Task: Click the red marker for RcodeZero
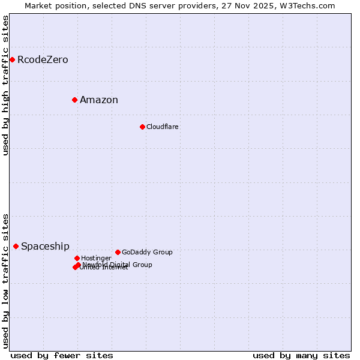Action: [12, 59]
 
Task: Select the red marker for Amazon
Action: [74, 100]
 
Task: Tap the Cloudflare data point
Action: [142, 127]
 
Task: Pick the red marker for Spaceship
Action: [16, 246]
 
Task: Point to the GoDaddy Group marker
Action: [118, 252]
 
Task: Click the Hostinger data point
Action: [77, 258]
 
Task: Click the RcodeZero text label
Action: [43, 59]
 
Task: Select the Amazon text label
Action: [99, 100]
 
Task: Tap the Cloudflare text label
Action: [163, 127]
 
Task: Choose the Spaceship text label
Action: [45, 246]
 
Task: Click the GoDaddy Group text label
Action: [147, 252]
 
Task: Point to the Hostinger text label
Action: [96, 258]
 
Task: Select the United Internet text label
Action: [104, 268]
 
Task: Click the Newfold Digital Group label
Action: [118, 264]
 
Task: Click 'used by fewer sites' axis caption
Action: [62, 355]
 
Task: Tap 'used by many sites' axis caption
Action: [301, 355]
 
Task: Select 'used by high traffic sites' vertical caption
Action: [5, 85]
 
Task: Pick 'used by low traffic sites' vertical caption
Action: [5, 280]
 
